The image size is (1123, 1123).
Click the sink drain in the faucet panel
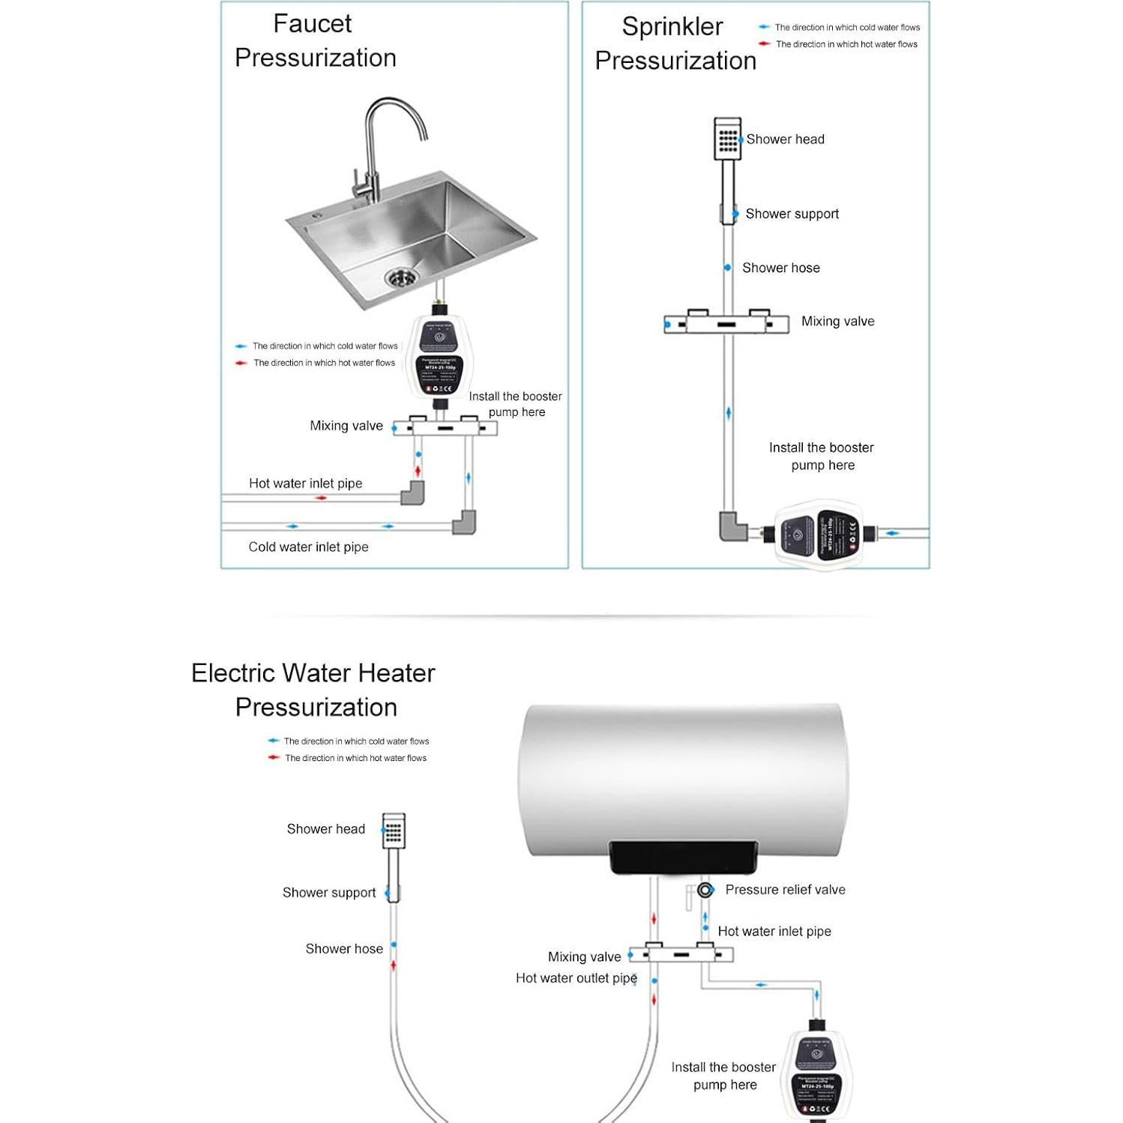[403, 277]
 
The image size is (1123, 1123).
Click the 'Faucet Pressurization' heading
[315, 41]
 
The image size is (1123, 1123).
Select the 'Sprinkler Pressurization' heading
[675, 43]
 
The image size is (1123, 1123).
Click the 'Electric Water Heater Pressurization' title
[314, 690]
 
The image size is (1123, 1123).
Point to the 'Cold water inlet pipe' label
[308, 547]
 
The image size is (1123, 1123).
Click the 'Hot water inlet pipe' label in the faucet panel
[305, 484]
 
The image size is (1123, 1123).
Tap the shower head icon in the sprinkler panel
[727, 138]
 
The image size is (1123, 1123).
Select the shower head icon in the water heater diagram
[394, 831]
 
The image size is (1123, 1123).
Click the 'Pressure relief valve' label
[785, 890]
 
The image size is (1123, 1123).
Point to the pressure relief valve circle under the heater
[705, 890]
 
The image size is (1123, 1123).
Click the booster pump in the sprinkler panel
[819, 535]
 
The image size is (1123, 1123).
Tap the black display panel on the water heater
[681, 857]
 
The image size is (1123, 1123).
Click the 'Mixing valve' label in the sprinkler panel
[837, 322]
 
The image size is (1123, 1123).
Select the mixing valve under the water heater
[681, 954]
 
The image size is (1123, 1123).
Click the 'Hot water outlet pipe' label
[576, 978]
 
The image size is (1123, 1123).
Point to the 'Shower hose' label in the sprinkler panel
[780, 268]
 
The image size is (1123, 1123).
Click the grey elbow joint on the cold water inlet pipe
[464, 522]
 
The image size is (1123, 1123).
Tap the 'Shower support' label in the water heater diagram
[329, 893]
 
